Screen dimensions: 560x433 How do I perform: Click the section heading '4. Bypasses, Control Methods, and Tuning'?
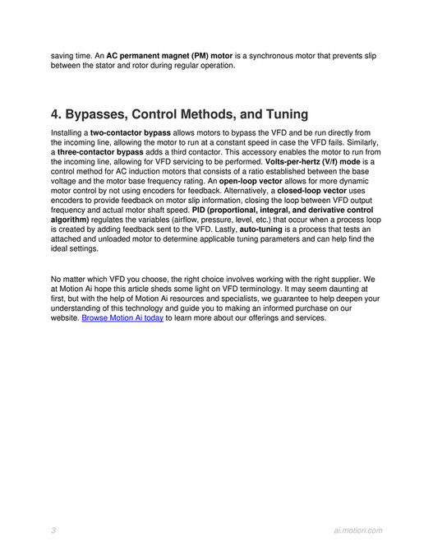(179, 113)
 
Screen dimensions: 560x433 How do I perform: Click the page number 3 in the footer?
(53, 530)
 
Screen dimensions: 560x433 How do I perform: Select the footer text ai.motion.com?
(353, 530)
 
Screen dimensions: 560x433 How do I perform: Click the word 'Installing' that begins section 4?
(68, 132)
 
